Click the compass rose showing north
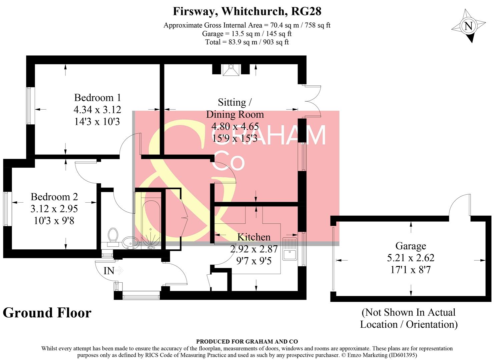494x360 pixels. click(469, 26)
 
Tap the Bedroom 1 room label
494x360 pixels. click(97, 98)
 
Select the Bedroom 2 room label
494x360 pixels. click(54, 197)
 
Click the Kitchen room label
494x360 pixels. click(254, 237)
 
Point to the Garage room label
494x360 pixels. click(411, 246)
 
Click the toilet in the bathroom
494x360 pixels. click(113, 236)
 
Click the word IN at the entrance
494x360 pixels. click(109, 271)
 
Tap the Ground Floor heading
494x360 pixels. click(47, 313)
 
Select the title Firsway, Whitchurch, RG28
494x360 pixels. click(247, 11)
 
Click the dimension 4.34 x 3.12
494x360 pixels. click(97, 110)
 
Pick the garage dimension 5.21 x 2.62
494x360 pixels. click(411, 258)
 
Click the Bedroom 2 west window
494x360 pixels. click(7, 209)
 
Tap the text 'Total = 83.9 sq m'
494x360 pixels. click(247, 42)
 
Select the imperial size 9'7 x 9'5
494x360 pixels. click(254, 261)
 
